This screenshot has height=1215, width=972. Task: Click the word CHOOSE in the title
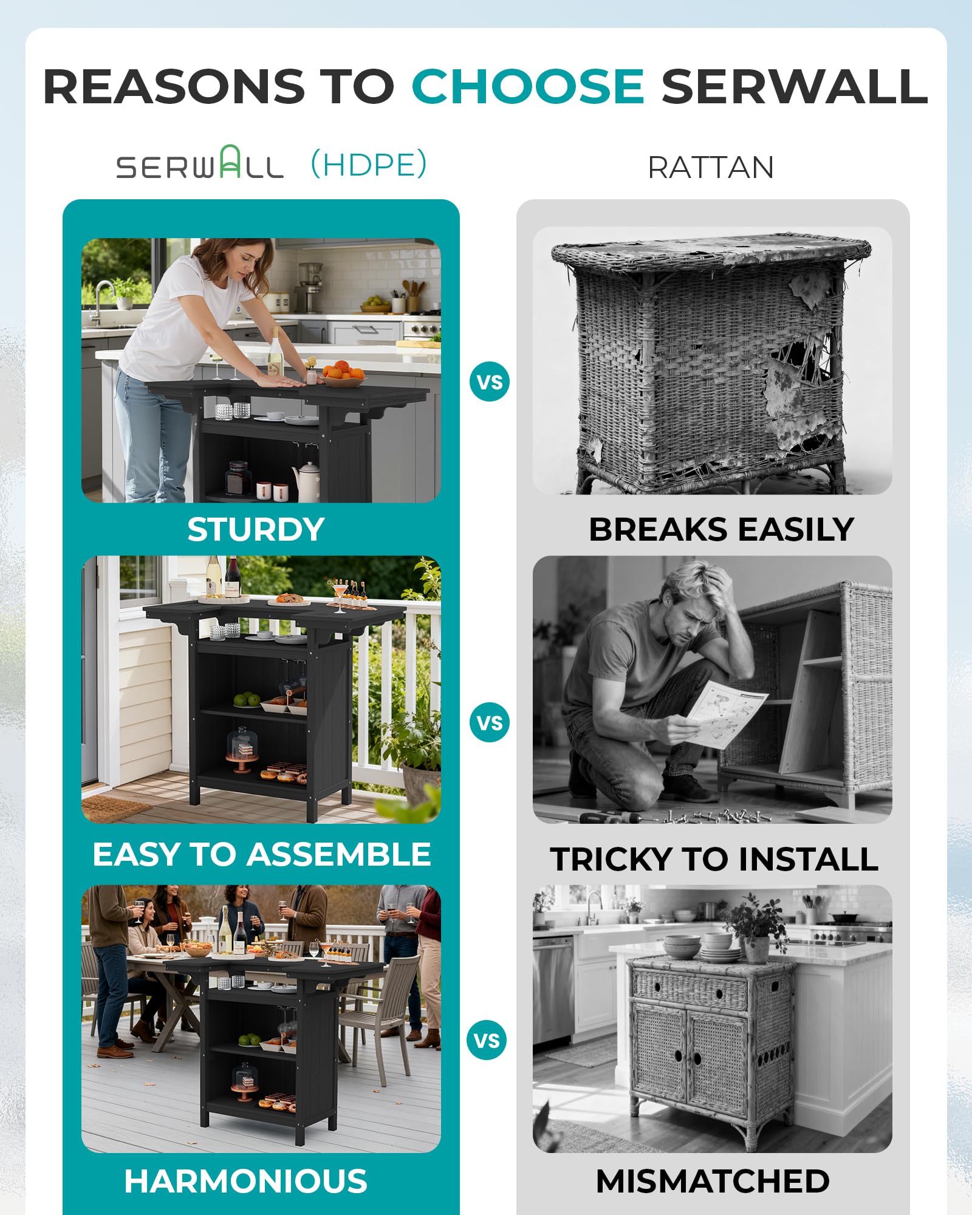coord(527,86)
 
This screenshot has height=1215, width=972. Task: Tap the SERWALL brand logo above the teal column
coord(200,163)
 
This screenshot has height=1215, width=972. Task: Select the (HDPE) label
coord(369,164)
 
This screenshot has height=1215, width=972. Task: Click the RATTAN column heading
coord(711,168)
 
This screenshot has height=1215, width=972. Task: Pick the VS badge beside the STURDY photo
coord(490,382)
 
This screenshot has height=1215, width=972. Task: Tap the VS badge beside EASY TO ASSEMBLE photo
coord(490,723)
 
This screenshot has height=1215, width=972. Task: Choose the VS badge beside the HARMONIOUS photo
coord(487,1041)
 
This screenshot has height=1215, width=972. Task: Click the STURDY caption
coord(256,530)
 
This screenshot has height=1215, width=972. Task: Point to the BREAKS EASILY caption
coord(721,529)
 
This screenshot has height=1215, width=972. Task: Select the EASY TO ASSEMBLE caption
coord(262,854)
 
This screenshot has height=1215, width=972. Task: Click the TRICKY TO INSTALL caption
coord(714,859)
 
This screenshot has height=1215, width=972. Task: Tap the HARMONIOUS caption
coord(246,1181)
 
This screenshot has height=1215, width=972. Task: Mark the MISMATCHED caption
coord(713,1181)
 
